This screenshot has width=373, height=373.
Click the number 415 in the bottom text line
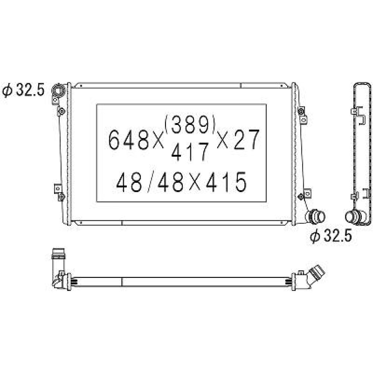click(x=228, y=183)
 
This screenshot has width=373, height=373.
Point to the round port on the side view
click(x=352, y=216)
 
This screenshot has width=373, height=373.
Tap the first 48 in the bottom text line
click(x=129, y=183)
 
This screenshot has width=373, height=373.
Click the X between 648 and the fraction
click(x=158, y=140)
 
